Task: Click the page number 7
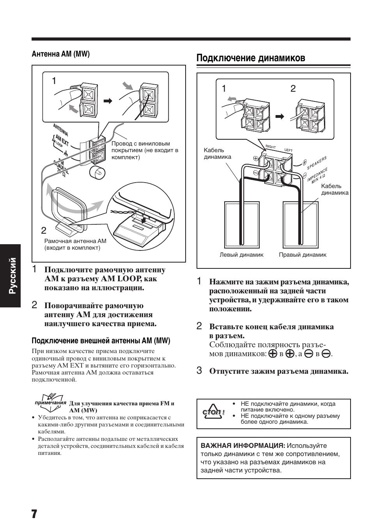coord(34,513)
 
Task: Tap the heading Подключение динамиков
coord(251,58)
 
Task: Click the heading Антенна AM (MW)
coord(60,54)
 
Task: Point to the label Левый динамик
coord(241,255)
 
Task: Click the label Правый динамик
coord(303,255)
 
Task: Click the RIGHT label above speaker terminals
coord(271,147)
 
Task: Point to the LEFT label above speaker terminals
coord(288,150)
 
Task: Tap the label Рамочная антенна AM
coord(75,241)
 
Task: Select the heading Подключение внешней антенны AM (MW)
coord(101,341)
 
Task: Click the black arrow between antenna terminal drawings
coord(108,101)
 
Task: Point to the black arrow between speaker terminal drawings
coord(280,116)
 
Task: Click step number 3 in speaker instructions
coord(199,370)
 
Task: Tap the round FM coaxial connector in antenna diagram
coord(96,172)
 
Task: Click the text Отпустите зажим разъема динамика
coord(278,371)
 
